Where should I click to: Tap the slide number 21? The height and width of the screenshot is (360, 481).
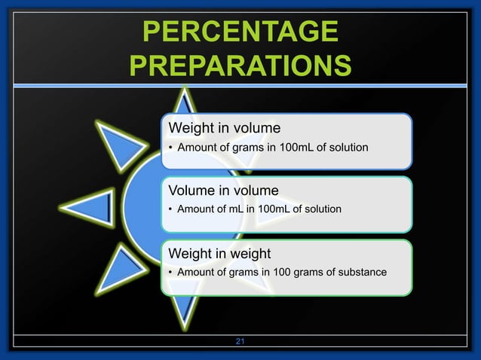click(240, 343)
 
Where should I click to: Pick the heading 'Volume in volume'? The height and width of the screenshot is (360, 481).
click(223, 189)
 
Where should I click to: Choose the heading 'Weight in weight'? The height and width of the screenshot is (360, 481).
click(219, 252)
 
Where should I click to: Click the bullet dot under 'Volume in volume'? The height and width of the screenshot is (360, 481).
click(170, 209)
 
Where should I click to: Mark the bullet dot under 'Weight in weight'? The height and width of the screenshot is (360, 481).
click(170, 272)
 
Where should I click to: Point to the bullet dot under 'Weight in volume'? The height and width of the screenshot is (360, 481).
click(170, 147)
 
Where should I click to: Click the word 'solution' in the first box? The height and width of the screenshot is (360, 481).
click(348, 147)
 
